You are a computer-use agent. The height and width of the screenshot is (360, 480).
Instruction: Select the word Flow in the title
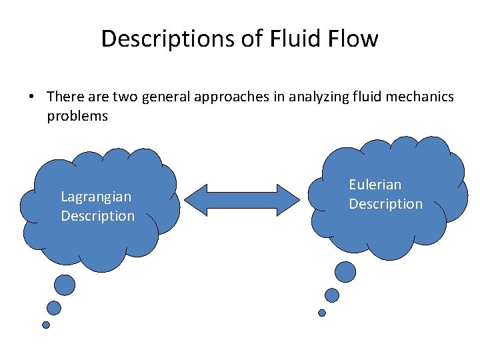(x=353, y=39)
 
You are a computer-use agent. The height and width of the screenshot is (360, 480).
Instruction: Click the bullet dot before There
(x=31, y=97)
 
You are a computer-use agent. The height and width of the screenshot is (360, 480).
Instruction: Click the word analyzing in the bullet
(x=313, y=97)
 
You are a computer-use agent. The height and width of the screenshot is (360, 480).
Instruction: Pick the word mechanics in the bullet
(x=419, y=97)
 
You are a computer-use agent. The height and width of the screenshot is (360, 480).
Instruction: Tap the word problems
(x=77, y=116)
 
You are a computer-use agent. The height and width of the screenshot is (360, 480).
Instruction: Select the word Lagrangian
(x=96, y=197)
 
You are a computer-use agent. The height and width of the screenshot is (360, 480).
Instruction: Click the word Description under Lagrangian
(x=97, y=216)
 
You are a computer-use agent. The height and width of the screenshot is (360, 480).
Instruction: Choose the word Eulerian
(x=375, y=184)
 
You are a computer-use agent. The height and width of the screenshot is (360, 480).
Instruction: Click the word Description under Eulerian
(x=385, y=203)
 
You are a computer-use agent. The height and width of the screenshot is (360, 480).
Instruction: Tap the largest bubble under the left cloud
(x=65, y=285)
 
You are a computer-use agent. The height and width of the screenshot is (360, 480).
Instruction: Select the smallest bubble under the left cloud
(x=46, y=325)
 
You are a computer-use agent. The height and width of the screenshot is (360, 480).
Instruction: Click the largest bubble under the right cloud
(x=345, y=272)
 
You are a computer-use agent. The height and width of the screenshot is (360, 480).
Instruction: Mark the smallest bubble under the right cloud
(x=322, y=313)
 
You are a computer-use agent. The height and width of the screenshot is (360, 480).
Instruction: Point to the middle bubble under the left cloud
(x=54, y=307)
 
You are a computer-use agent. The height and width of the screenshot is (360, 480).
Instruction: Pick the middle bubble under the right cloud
(x=332, y=295)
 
